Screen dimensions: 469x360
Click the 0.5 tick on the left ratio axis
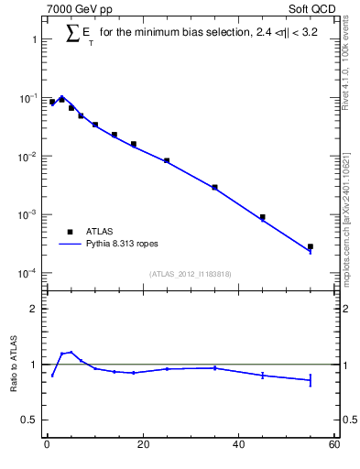pyautogui.click(x=27, y=420)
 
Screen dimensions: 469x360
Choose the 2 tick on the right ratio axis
pyautogui.click(x=345, y=309)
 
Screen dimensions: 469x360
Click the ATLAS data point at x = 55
pyautogui.click(x=311, y=246)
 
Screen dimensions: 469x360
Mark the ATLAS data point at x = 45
pyautogui.click(x=263, y=217)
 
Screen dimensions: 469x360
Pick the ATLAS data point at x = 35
pyautogui.click(x=214, y=187)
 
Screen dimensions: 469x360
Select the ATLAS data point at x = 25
pyautogui.click(x=167, y=160)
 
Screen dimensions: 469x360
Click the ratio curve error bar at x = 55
pyautogui.click(x=311, y=380)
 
